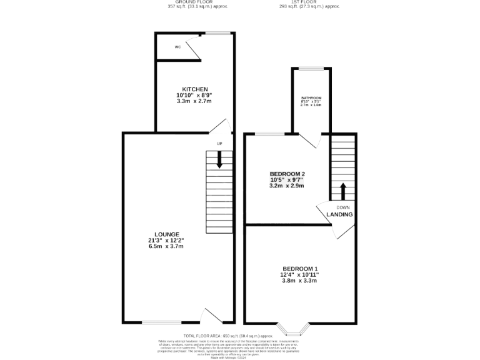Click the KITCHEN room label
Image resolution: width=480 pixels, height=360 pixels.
[x=195, y=89]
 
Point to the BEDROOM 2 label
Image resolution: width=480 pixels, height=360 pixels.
[x=287, y=173]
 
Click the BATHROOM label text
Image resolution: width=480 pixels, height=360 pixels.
[x=311, y=98]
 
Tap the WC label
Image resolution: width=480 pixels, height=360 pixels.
[x=177, y=47]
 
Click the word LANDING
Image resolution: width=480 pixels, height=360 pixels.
[x=339, y=214]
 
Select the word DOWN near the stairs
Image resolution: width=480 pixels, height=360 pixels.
[x=343, y=207]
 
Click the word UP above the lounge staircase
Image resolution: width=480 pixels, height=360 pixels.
[x=219, y=144]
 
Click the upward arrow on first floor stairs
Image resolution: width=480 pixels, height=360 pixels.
[x=342, y=190]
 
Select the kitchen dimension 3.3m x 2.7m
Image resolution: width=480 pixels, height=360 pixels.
[x=195, y=101]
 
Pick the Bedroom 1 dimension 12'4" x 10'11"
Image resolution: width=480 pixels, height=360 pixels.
[x=299, y=273]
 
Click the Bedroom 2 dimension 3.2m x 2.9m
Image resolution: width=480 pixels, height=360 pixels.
[x=287, y=186]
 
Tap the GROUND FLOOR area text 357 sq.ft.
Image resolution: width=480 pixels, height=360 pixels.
[x=197, y=7]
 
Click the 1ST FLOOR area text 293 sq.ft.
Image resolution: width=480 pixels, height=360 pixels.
[x=309, y=7]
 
